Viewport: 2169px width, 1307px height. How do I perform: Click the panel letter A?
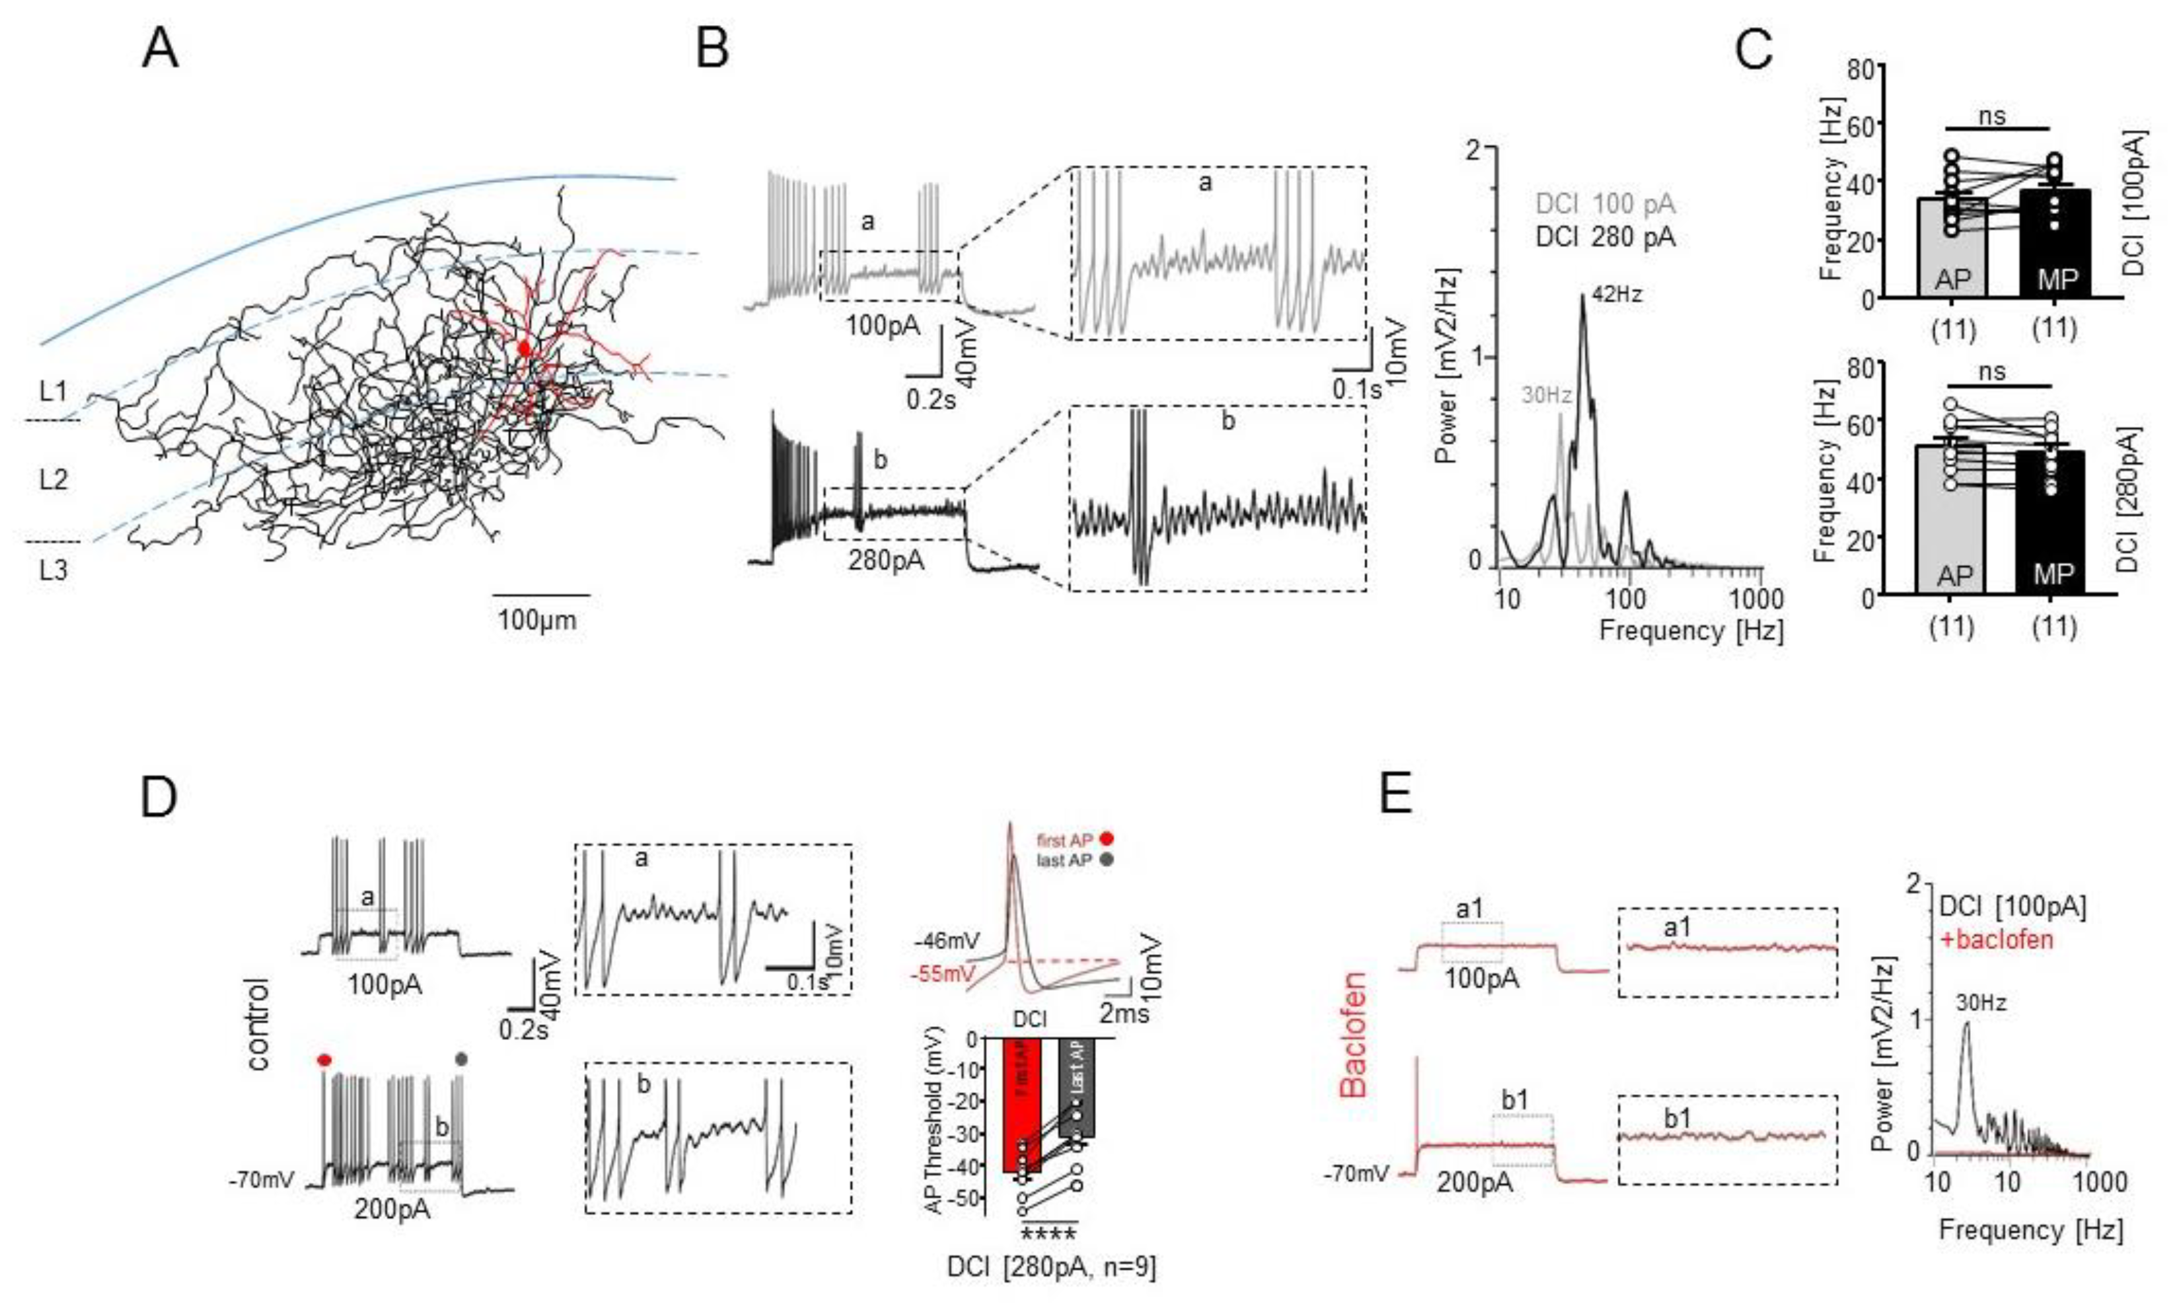pos(159,50)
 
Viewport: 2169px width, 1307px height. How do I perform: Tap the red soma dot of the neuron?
pos(525,348)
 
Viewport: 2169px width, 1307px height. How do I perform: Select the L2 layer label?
pos(53,480)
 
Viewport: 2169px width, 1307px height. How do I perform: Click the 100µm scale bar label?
pos(537,620)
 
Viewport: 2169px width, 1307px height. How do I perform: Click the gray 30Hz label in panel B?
pos(1547,396)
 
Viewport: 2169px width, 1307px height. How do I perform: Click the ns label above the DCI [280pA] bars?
pos(1992,371)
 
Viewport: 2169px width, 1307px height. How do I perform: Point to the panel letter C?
pos(1753,50)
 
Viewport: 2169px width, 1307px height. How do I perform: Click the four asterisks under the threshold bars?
pos(1048,1233)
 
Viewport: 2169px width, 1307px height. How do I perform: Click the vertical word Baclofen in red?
pos(1354,1034)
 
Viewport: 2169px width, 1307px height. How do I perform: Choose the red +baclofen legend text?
pos(1997,940)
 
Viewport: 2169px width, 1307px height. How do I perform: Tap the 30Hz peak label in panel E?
pos(1981,1002)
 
